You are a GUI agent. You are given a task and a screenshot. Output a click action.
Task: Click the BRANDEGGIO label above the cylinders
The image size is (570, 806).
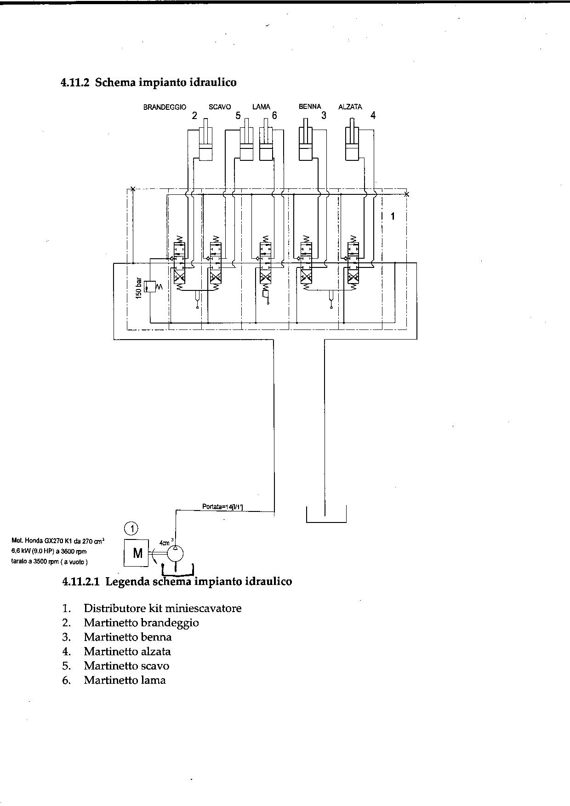tap(165, 107)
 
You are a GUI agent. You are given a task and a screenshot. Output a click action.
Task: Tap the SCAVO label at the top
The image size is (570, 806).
tap(220, 107)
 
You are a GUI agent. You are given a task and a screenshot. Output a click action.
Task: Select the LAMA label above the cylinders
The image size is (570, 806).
tap(261, 107)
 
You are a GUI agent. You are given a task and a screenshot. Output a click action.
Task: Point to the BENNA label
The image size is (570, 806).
tap(310, 107)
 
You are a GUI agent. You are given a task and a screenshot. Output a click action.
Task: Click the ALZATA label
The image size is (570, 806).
tap(350, 107)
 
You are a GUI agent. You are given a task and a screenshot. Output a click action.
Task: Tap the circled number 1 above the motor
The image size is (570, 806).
tap(132, 528)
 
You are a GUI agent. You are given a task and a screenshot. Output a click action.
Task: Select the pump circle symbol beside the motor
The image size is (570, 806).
tap(175, 553)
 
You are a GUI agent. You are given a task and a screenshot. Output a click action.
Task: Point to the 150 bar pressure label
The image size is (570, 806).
tap(138, 289)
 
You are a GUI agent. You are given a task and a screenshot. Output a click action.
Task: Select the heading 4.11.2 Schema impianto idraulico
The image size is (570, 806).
tap(148, 83)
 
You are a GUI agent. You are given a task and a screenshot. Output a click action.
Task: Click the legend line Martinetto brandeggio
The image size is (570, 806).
tap(141, 623)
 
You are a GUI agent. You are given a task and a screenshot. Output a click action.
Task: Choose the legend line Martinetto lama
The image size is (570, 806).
tap(125, 680)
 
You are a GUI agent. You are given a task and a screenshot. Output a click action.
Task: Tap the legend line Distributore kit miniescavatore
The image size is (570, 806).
tap(162, 608)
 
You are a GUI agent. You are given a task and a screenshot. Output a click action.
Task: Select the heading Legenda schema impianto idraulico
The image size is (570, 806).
tap(177, 582)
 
